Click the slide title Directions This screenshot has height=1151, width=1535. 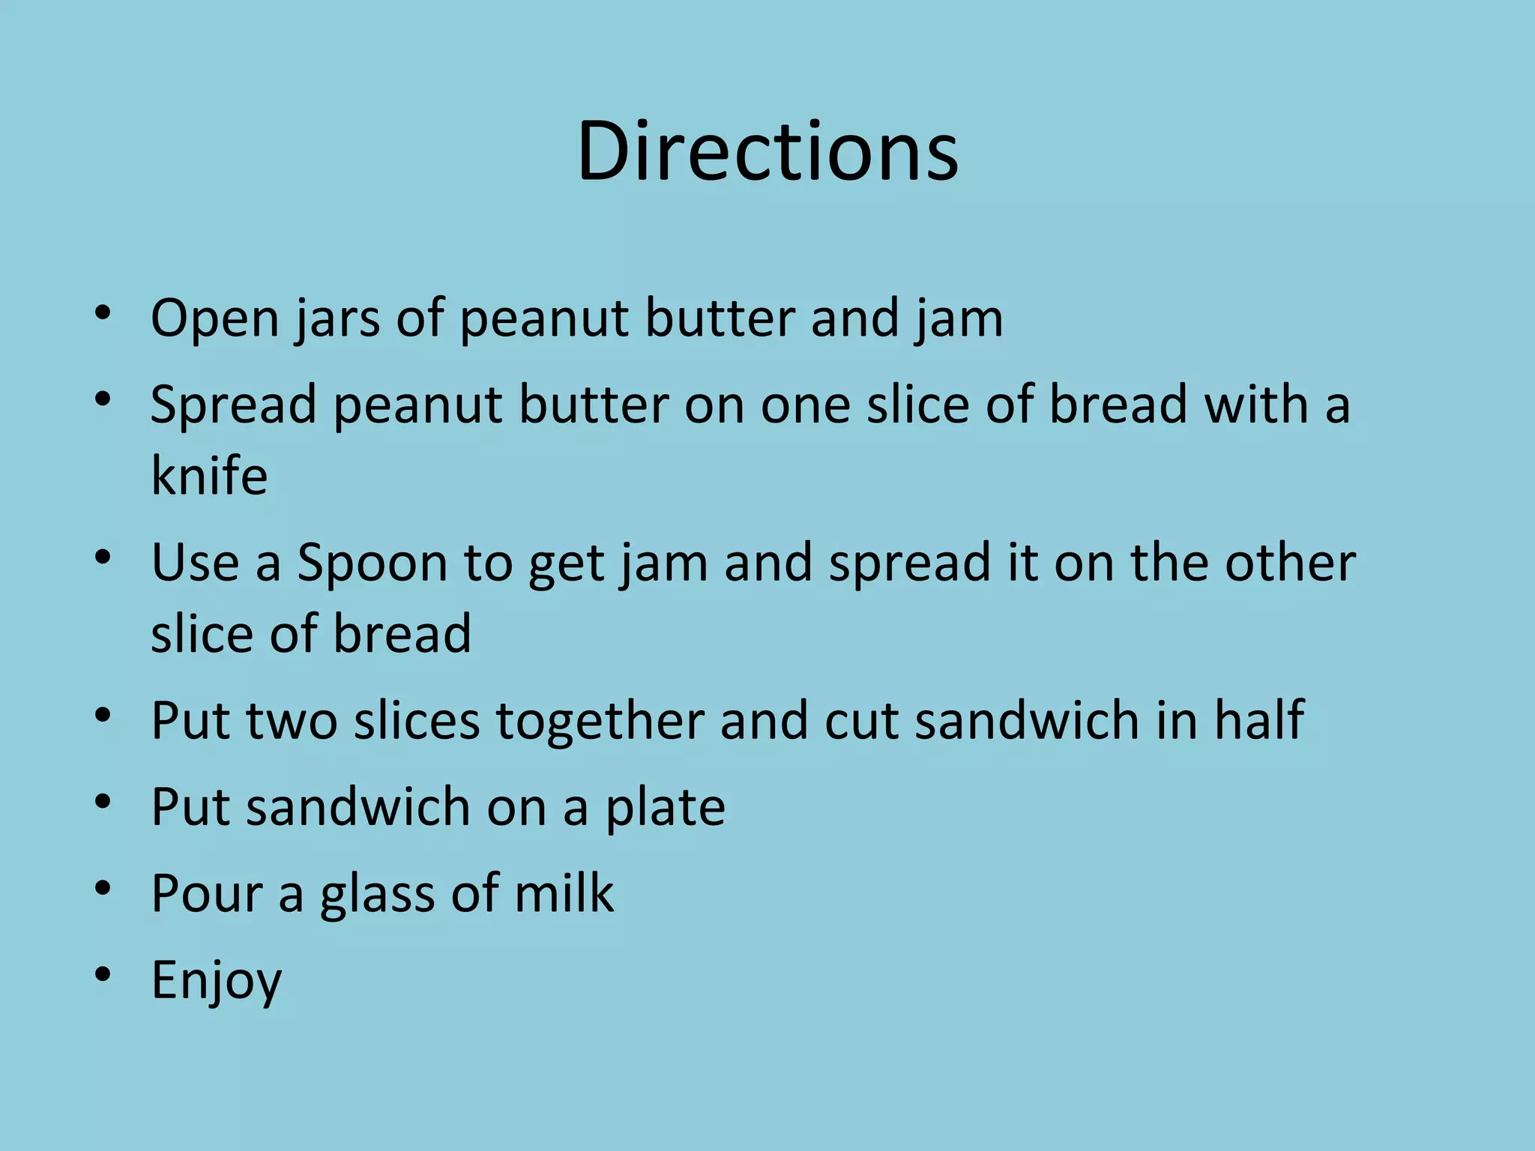coord(767,151)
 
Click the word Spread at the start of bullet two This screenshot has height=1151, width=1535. coord(233,405)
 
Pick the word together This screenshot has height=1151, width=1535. coord(600,721)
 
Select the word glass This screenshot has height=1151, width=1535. coord(379,893)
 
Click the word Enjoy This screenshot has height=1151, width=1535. coord(216,980)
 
